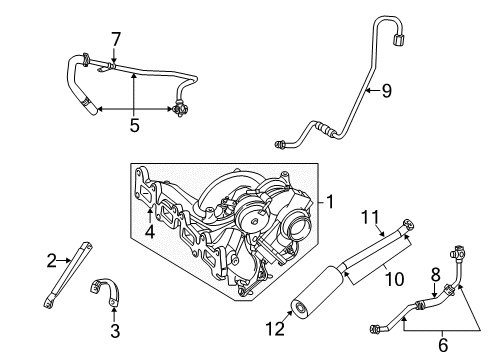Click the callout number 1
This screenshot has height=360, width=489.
pyautogui.click(x=327, y=201)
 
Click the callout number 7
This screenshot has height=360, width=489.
pyautogui.click(x=116, y=39)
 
